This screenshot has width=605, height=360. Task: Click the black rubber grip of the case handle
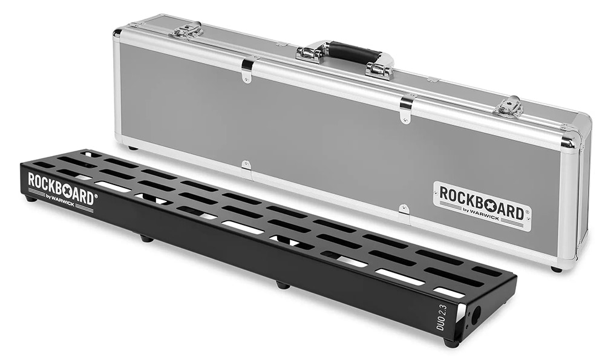point(354,51)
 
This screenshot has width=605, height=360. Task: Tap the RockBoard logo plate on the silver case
point(482,206)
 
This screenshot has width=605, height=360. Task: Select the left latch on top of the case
point(187,29)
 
